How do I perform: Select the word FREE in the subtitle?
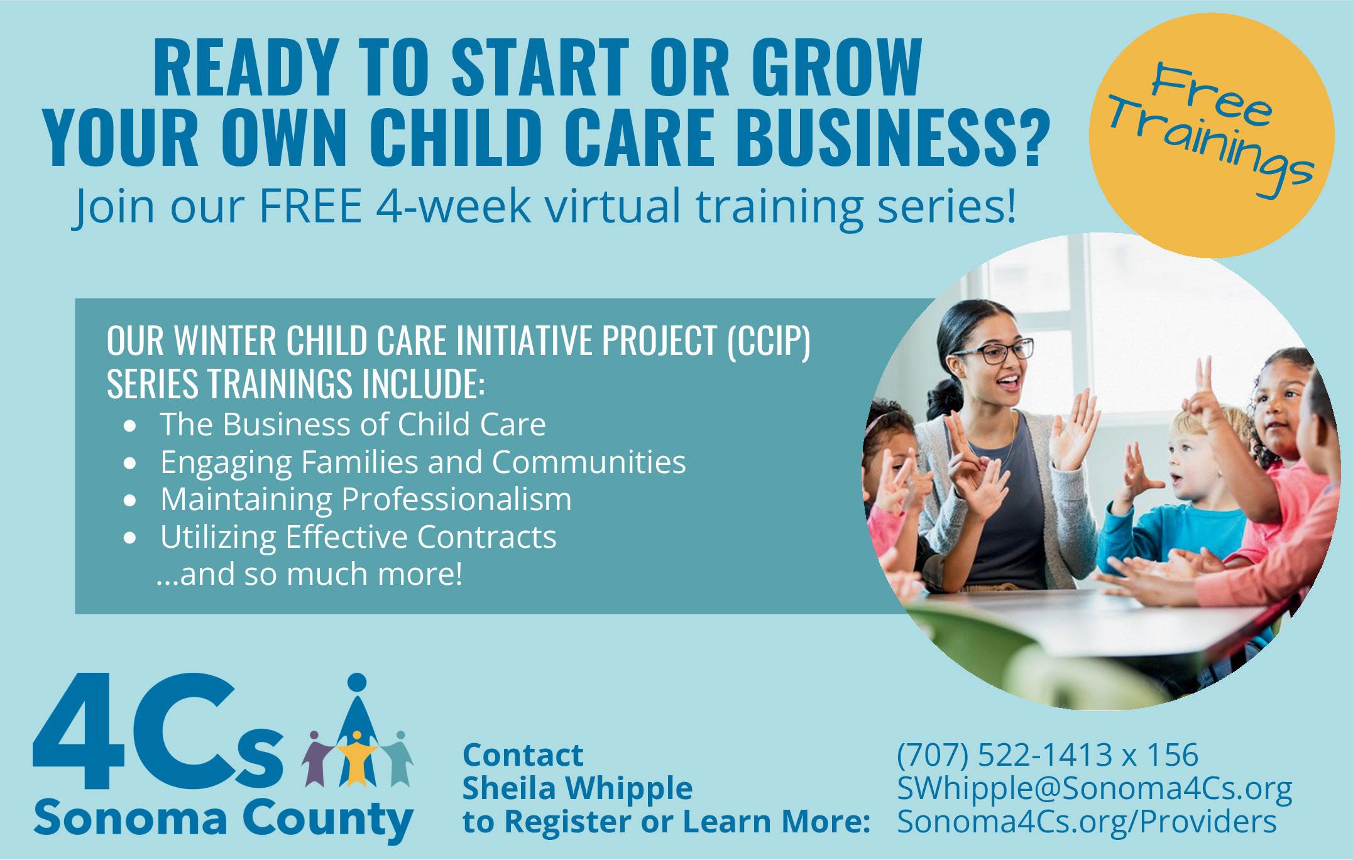tap(309, 209)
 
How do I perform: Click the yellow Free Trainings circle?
tap(1211, 134)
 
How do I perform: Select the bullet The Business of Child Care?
tap(353, 425)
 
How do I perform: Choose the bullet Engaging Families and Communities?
tap(423, 463)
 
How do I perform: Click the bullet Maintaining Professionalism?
tap(366, 499)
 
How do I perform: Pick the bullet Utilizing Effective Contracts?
tap(358, 537)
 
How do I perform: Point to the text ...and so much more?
tap(309, 574)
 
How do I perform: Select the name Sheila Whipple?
tap(578, 788)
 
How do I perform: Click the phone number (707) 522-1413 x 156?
tap(1048, 754)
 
